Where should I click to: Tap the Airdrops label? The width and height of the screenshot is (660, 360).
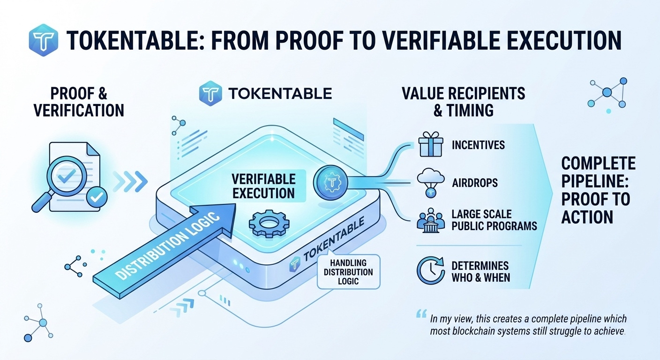[x=474, y=182]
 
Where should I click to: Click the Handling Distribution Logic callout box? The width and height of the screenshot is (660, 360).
[x=348, y=272]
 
